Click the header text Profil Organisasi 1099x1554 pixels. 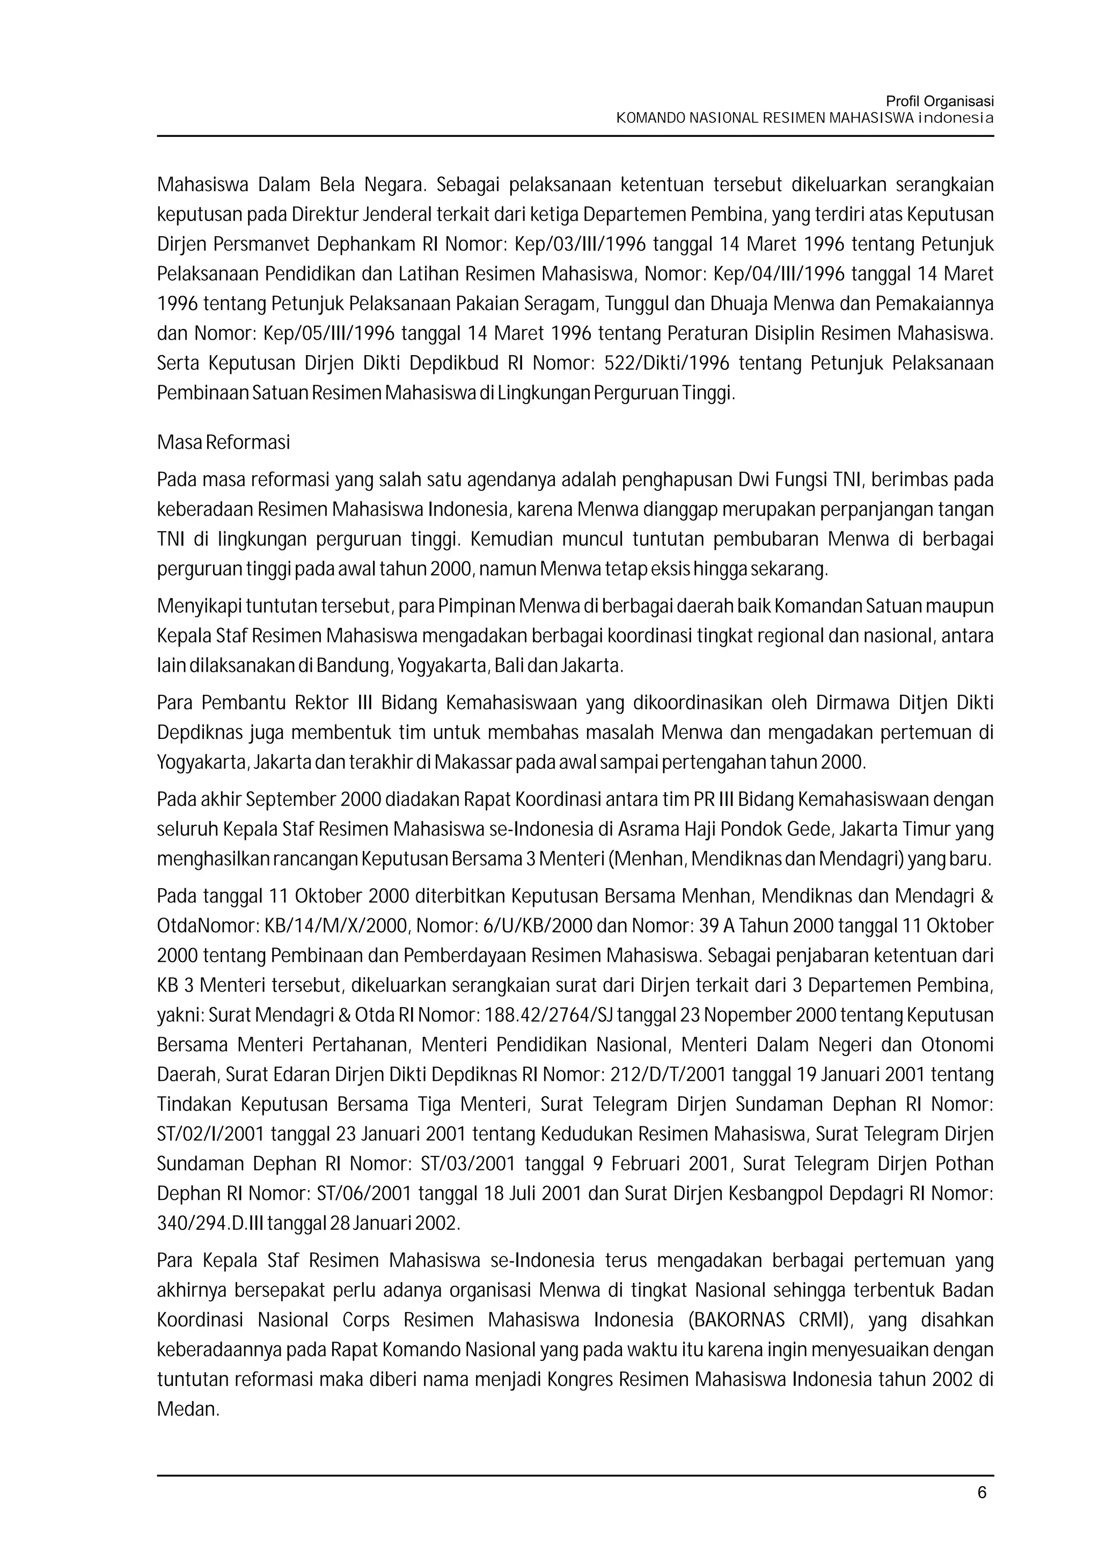(939, 101)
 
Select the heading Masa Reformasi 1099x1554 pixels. (223, 443)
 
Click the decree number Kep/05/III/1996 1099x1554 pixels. (329, 334)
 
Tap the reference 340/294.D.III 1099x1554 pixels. (211, 1223)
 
